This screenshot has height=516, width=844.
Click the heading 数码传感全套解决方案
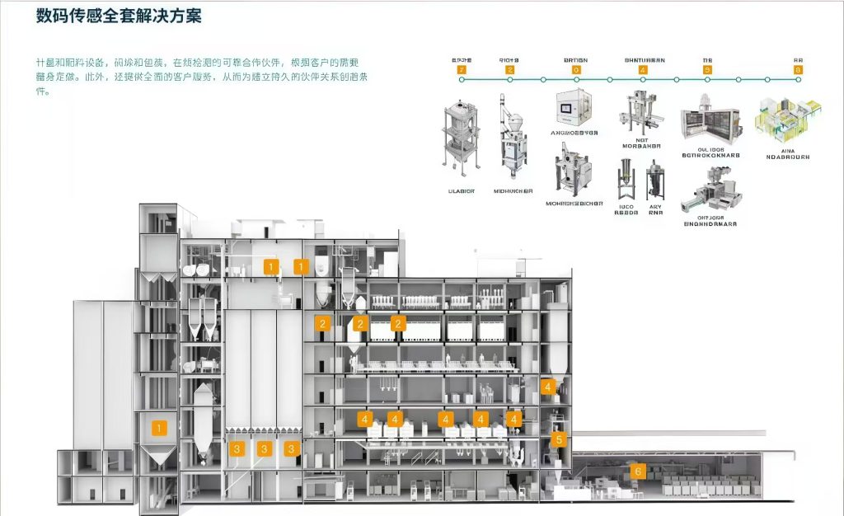[119, 16]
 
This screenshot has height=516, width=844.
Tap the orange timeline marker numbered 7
[461, 70]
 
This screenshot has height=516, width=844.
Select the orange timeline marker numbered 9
[707, 70]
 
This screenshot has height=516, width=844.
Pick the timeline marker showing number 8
[798, 70]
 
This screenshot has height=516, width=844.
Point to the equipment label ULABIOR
[462, 190]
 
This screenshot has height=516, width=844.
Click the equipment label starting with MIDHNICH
[513, 190]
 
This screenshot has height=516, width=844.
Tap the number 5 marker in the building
[559, 439]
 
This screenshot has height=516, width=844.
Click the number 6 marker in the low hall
[636, 471]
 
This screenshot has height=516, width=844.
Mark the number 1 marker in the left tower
[160, 427]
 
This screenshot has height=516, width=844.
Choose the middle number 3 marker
[264, 448]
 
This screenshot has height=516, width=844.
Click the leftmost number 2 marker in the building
[322, 324]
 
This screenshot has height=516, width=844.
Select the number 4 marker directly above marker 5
[548, 386]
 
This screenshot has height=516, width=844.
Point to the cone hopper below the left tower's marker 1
[160, 456]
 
